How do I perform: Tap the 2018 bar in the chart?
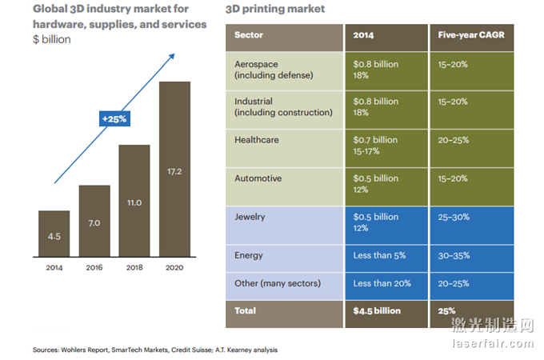tap(134, 202)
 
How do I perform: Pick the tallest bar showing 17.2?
tap(174, 170)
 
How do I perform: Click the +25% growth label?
tap(114, 118)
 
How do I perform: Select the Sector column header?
tap(249, 36)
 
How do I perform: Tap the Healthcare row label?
tap(257, 139)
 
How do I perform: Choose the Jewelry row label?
tap(250, 217)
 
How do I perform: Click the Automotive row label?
tap(258, 178)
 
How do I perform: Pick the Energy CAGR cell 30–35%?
tap(454, 256)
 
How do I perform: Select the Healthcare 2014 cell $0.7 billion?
tap(376, 139)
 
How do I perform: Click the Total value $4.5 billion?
tap(377, 310)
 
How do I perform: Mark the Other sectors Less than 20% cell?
tap(382, 283)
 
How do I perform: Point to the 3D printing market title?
tap(276, 9)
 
